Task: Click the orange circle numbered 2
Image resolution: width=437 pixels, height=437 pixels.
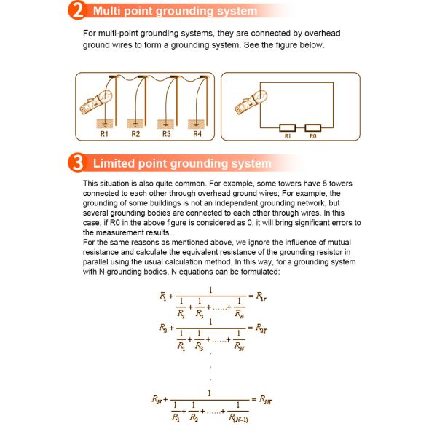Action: [77, 11]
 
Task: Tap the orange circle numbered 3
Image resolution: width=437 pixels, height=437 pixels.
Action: [77, 162]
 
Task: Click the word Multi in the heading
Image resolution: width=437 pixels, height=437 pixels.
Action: [107, 11]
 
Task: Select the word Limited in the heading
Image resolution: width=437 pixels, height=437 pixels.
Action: [114, 163]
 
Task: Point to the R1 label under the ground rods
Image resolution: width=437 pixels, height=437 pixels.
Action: [104, 134]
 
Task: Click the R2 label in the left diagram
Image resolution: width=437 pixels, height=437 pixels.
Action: [135, 134]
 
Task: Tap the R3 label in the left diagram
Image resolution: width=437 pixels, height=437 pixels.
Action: [166, 134]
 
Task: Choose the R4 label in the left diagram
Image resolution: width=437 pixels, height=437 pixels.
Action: [197, 134]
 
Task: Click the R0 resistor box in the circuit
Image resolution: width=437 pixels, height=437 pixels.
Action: [313, 128]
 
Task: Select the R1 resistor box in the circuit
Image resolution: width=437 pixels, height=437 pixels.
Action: [288, 128]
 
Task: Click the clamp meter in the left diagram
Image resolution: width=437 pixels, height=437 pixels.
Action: [95, 102]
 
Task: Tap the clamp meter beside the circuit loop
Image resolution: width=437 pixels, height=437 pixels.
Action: [251, 102]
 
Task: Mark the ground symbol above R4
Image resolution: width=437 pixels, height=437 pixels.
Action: [196, 125]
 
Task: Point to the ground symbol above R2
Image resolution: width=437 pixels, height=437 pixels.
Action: [135, 125]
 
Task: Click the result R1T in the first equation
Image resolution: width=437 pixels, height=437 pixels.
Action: [261, 296]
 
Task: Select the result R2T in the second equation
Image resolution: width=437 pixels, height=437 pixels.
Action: [261, 328]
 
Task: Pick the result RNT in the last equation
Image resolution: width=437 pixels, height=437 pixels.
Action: [266, 400]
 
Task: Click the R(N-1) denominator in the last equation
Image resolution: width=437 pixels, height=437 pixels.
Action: [238, 418]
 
